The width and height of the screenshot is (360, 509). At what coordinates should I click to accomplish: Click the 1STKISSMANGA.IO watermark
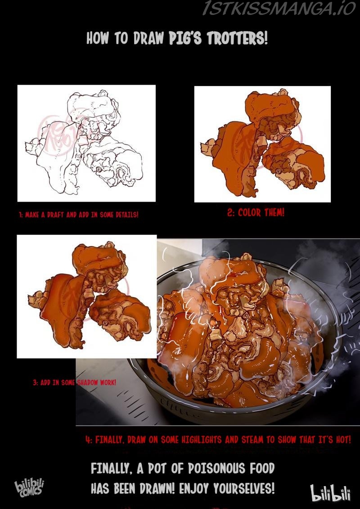[279, 8]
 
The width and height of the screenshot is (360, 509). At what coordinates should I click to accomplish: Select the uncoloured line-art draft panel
[86, 143]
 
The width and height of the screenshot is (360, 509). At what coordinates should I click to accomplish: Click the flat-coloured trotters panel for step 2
[262, 144]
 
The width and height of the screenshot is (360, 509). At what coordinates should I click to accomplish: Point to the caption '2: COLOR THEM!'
[256, 213]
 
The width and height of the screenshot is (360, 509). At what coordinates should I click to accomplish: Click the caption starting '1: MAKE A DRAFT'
[79, 215]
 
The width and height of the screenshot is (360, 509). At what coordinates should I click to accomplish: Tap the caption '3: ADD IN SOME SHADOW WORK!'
[74, 383]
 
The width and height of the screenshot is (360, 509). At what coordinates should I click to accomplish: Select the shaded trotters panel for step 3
[87, 297]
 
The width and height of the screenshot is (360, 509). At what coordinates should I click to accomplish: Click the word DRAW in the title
[148, 38]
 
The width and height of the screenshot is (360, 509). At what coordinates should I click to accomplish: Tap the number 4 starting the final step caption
[87, 440]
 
